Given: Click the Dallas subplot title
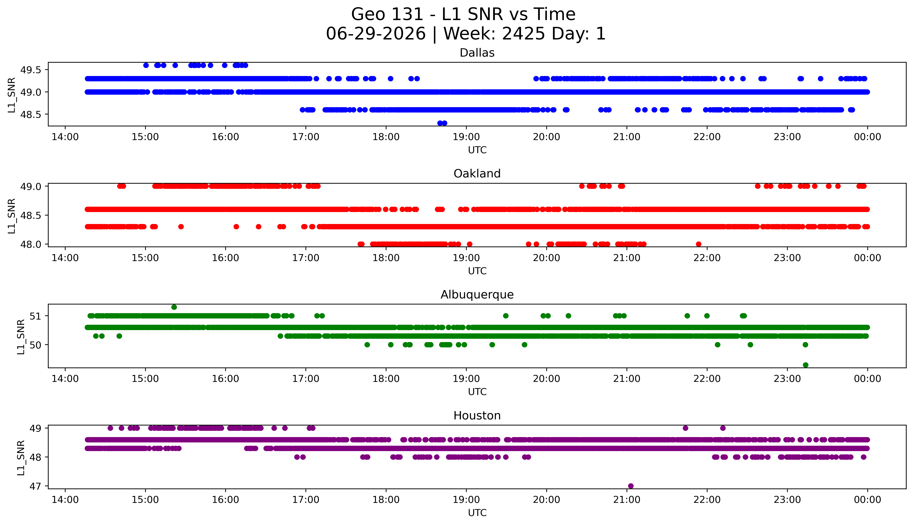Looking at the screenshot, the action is pyautogui.click(x=477, y=53).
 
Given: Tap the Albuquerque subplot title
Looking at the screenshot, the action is pyautogui.click(x=477, y=295).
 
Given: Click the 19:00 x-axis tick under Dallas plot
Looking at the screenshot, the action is pyautogui.click(x=466, y=137).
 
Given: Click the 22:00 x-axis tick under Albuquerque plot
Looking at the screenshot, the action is pyautogui.click(x=707, y=379).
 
